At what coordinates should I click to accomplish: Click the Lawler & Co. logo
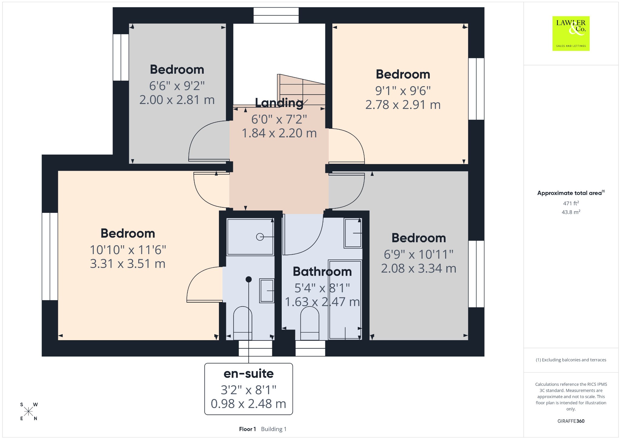coord(571,33)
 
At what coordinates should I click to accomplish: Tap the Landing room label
coord(279,103)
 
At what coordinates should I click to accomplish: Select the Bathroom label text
coord(322,272)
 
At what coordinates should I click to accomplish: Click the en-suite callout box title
coord(249,374)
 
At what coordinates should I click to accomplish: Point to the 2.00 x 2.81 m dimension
coord(177,100)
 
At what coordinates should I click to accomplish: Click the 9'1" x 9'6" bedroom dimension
coord(403,90)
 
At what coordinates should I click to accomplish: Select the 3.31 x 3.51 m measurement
coord(128,264)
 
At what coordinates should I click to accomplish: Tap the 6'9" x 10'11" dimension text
coord(419,254)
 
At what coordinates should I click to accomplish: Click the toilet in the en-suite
coord(243,323)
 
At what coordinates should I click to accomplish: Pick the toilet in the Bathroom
coord(310,323)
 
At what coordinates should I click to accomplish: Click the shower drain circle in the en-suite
coord(260,237)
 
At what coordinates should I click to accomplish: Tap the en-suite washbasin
coord(267,291)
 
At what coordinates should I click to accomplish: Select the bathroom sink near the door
coord(353,233)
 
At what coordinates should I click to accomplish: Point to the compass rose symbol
coord(29,411)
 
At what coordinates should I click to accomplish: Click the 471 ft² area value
coord(571,203)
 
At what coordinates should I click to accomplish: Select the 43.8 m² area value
coord(571,212)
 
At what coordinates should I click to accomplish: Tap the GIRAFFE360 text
coord(571,421)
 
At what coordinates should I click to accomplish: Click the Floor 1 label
coord(247,429)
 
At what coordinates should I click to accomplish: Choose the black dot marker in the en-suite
coord(249,279)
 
